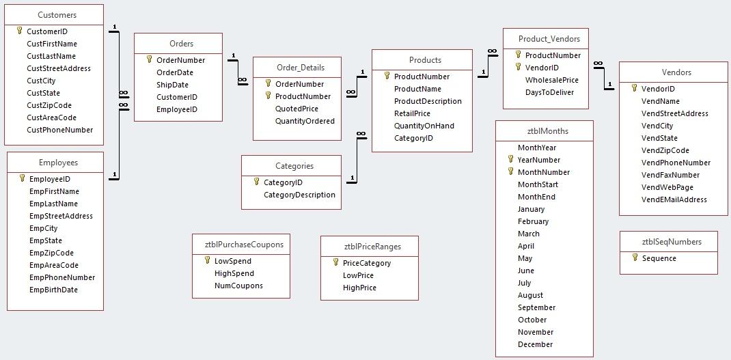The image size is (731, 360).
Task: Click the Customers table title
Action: click(57, 14)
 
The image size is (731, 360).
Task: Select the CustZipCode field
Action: click(49, 105)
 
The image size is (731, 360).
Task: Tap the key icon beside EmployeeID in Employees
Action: click(22, 179)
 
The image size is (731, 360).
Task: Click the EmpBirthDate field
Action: click(53, 290)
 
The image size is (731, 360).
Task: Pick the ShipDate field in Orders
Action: click(172, 85)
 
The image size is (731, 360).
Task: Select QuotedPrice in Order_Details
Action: click(296, 109)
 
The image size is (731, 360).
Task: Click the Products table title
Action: click(425, 60)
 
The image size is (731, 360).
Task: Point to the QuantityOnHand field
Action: click(424, 126)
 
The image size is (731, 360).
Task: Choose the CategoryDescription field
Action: click(299, 195)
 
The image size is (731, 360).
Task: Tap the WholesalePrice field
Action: click(551, 80)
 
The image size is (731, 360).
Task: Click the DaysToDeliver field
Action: click(549, 92)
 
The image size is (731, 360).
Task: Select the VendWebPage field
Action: click(667, 187)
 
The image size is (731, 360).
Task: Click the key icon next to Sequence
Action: click(635, 258)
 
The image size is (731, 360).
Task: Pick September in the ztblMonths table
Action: click(536, 307)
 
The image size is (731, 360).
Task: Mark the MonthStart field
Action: click(538, 184)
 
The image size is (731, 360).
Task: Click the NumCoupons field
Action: click(238, 286)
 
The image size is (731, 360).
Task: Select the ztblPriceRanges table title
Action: click(370, 247)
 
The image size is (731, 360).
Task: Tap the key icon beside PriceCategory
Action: click(335, 263)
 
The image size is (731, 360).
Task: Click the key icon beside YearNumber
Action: click(510, 160)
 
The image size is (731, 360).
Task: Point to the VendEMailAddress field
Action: click(674, 199)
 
